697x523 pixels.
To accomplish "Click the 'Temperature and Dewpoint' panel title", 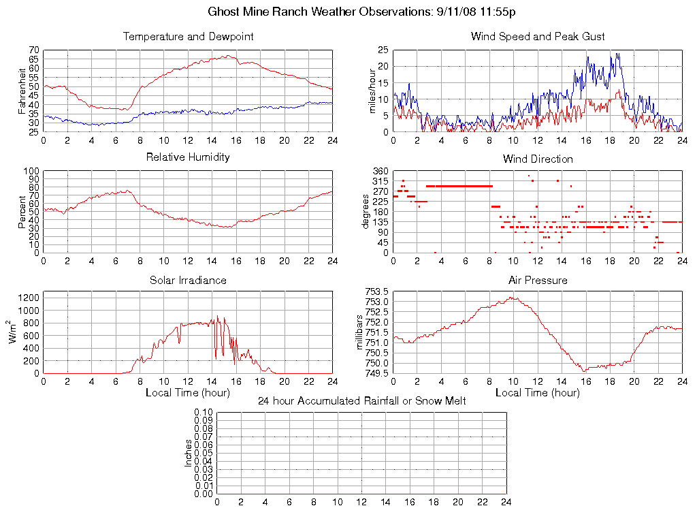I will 188,37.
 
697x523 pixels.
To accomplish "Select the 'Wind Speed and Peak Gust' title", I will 538,37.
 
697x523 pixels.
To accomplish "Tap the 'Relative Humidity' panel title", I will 188,157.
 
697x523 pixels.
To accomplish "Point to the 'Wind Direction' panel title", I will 538,159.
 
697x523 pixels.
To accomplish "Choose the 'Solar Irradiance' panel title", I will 188,281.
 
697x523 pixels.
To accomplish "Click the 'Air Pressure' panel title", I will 538,281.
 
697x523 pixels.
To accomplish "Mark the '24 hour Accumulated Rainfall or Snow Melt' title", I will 361,401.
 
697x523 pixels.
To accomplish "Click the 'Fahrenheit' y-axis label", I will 22,91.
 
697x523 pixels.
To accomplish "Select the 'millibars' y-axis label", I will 361,332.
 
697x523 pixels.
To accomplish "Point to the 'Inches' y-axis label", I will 189,454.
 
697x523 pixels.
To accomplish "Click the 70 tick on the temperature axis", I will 33,50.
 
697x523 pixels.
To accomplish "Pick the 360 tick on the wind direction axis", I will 380,171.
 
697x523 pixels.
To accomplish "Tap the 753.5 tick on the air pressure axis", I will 376,292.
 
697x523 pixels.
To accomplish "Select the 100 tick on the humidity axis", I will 31,171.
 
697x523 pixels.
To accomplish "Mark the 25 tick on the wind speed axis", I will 383,50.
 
